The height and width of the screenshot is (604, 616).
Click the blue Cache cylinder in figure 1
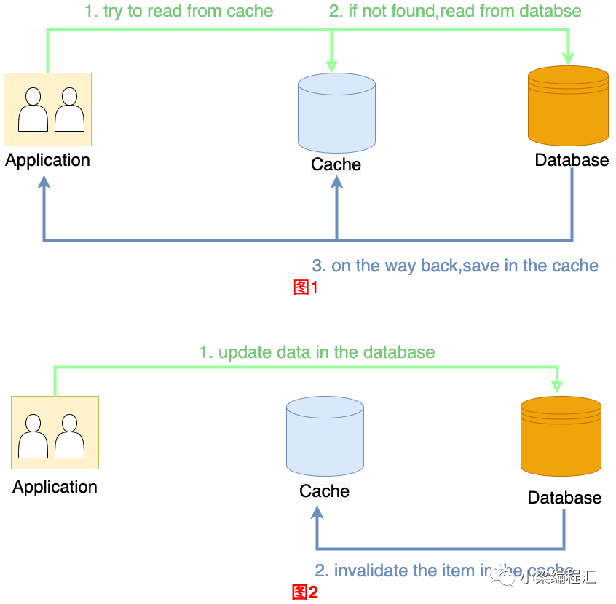pyautogui.click(x=336, y=113)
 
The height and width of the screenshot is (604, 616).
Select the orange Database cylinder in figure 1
pyautogui.click(x=568, y=106)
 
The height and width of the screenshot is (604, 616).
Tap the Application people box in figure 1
pyautogui.click(x=48, y=109)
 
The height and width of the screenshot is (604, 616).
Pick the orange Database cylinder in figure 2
pyautogui.click(x=561, y=435)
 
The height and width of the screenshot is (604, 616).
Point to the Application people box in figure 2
pyautogui.click(x=55, y=432)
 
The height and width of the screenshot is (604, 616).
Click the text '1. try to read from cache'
pyautogui.click(x=179, y=11)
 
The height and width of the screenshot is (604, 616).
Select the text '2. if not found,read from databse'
pyautogui.click(x=455, y=11)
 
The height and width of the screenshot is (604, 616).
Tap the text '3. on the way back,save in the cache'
pyautogui.click(x=455, y=266)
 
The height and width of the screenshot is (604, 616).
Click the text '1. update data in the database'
pyautogui.click(x=317, y=352)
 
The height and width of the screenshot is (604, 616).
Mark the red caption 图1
pyautogui.click(x=306, y=287)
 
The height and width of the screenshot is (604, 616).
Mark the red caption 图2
pyautogui.click(x=305, y=592)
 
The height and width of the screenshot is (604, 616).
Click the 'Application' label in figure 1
pyautogui.click(x=48, y=160)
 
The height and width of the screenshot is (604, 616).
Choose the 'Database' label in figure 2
pyautogui.click(x=564, y=498)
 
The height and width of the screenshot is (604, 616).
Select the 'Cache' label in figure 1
pyautogui.click(x=336, y=164)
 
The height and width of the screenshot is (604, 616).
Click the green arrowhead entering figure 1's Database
pyautogui.click(x=569, y=59)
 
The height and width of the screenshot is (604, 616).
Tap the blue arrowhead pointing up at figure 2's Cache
pyautogui.click(x=317, y=512)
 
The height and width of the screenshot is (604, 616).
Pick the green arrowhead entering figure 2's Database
pyautogui.click(x=558, y=385)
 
